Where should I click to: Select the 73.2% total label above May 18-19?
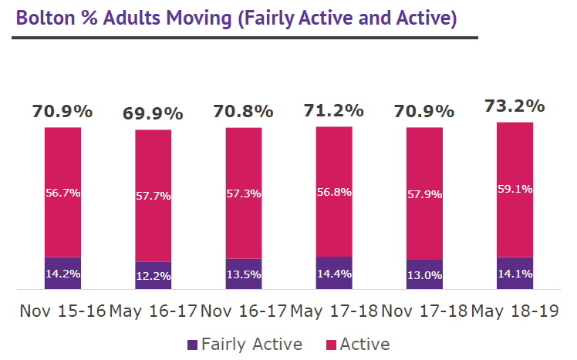(515, 106)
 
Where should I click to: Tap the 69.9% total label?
(153, 114)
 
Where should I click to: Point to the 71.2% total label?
(333, 110)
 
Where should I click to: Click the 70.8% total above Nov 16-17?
(243, 111)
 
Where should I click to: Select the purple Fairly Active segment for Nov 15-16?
(62, 273)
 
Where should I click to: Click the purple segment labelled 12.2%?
(153, 276)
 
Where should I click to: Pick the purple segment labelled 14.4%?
(333, 273)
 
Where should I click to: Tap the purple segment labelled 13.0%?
(424, 275)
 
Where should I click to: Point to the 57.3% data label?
(243, 193)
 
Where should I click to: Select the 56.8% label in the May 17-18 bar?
(333, 193)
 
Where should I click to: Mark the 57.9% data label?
(424, 194)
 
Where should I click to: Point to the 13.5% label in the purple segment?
(243, 274)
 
